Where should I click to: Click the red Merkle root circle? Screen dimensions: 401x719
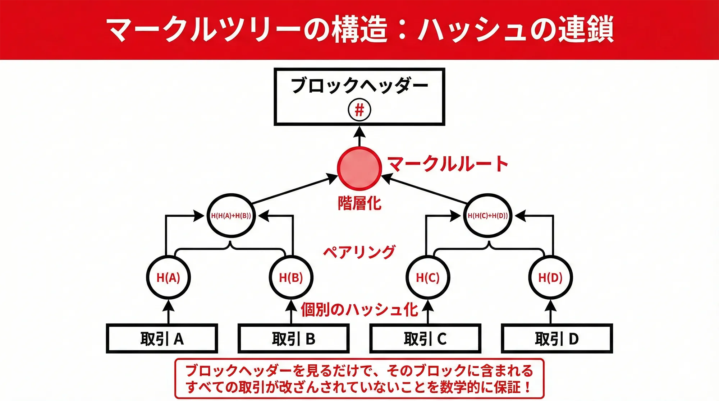pos(359,168)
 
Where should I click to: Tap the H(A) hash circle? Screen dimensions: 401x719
pos(168,277)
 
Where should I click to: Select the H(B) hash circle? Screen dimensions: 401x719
pos(291,277)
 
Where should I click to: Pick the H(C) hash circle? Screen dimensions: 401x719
pos(428,277)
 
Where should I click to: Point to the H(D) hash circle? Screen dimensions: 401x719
pos(550,277)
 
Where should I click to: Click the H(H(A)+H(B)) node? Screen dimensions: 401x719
pos(231,216)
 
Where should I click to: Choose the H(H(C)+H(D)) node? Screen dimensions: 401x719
pos(488,216)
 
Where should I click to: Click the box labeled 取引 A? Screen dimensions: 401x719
pos(162,338)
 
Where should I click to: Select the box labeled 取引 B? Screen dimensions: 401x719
pos(293,338)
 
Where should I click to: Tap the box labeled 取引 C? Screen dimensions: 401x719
pos(425,338)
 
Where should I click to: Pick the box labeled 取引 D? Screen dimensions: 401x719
pos(557,338)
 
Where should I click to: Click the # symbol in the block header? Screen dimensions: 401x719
pos(359,110)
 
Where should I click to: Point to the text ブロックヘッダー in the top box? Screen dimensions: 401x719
pos(359,86)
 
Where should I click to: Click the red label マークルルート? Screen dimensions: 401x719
pos(448,164)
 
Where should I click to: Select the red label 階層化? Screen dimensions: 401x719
pos(359,203)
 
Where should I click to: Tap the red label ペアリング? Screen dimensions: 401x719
pos(359,252)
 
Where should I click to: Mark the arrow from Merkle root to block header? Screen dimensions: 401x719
pos(359,137)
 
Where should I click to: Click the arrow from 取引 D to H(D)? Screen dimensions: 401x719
pos(550,312)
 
